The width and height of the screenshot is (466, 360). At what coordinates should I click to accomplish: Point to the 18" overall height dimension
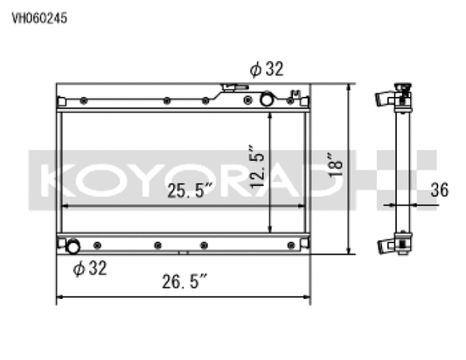(x=332, y=167)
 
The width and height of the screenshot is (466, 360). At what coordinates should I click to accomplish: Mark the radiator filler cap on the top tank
(x=230, y=87)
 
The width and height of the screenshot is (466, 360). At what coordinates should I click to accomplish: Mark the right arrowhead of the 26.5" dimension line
(x=309, y=298)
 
